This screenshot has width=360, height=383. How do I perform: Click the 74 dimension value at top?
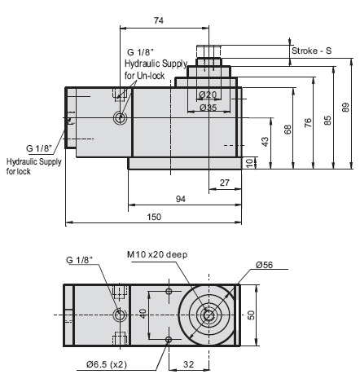tap(159, 20)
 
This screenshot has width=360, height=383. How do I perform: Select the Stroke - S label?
tap(311, 51)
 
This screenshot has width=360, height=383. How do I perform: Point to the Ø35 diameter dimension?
tap(208, 107)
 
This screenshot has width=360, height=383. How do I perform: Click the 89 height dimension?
tap(345, 107)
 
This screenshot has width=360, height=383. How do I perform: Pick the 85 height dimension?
tap(327, 120)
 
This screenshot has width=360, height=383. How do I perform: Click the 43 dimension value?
tap(264, 142)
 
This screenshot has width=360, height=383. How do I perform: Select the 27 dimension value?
tap(224, 183)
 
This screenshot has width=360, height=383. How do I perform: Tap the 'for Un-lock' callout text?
tap(143, 75)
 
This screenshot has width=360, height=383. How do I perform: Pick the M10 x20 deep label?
tap(157, 255)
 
